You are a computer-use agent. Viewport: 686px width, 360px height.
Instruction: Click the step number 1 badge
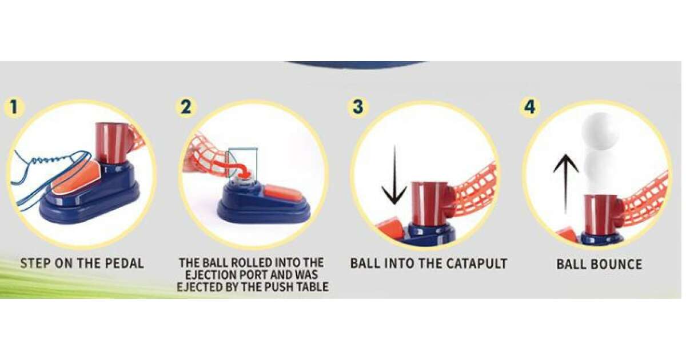tap(14, 107)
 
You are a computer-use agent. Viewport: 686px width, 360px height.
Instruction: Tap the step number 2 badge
tap(186, 107)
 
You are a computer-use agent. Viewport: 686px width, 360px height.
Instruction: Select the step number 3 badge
tap(358, 107)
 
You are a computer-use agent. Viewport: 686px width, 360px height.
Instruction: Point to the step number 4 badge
tap(530, 107)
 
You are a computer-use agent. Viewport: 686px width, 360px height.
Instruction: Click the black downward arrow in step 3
tap(394, 175)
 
